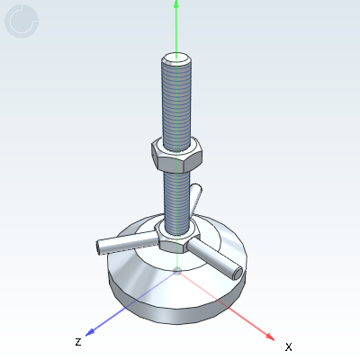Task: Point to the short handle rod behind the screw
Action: [197, 197]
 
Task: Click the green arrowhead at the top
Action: [176, 5]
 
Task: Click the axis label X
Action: [288, 346]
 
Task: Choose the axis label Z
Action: [78, 341]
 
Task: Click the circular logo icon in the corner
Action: [22, 22]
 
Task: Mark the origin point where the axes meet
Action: [178, 270]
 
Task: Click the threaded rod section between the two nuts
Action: [175, 193]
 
